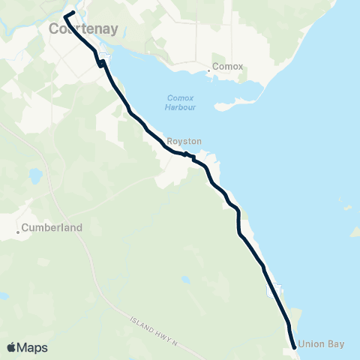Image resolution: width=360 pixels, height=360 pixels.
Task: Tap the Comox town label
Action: coord(228,66)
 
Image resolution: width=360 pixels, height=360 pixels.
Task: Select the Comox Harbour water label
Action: coord(180,102)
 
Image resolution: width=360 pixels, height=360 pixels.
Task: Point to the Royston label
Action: coord(184,140)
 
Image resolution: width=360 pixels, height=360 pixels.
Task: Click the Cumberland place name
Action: coord(52,226)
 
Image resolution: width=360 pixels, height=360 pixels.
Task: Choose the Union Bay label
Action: coord(321,344)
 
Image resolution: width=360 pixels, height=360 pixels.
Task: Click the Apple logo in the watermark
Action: coord(11,347)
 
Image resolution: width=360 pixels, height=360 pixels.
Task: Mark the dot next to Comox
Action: coord(209,71)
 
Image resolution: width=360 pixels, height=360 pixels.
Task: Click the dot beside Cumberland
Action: coord(19,232)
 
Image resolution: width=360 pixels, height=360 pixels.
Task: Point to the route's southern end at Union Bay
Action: coord(293,346)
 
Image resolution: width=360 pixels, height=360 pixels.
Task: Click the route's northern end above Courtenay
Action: coord(72,13)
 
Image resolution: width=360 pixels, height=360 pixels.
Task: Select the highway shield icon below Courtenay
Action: coord(103,59)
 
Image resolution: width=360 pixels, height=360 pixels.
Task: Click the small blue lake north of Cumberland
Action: coord(34,177)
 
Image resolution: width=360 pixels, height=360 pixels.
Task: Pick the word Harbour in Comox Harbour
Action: coord(180,106)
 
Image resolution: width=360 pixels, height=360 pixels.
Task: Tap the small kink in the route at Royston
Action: coord(185,154)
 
